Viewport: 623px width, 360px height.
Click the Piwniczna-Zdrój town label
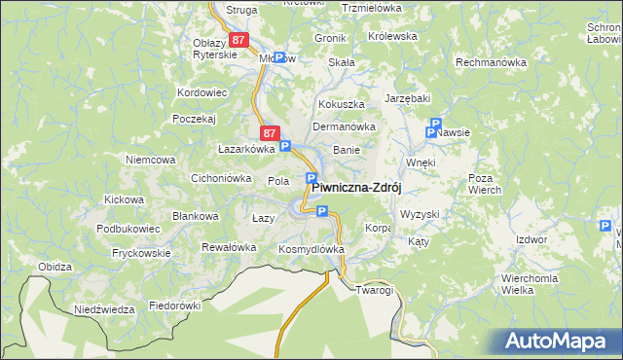[x=357, y=189]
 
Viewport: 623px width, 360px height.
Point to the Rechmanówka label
[x=492, y=62]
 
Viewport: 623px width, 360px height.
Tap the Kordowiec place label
[x=202, y=92]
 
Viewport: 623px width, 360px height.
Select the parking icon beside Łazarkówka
[x=285, y=147]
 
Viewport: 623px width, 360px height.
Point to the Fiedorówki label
[x=174, y=306]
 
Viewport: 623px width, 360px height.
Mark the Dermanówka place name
[x=343, y=126]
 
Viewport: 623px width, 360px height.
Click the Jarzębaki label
[x=408, y=98]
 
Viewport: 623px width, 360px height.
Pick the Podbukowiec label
[x=121, y=228]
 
